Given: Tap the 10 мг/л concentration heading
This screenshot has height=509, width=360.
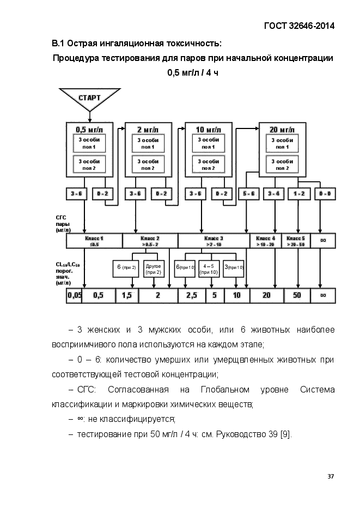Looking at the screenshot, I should tap(208, 130).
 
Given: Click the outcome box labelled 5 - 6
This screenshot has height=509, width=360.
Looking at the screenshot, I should tap(249, 193).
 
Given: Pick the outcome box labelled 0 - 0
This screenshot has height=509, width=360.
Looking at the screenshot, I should tap(325, 193).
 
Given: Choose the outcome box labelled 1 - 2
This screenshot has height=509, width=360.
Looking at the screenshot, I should tap(299, 193).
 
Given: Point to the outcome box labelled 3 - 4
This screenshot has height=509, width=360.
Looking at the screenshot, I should tap(274, 193).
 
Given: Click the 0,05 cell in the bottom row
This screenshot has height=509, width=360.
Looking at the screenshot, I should tap(74, 296).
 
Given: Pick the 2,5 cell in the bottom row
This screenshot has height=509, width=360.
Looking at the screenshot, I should tap(191, 296).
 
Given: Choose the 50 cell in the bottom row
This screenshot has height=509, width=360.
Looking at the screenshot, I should tap(297, 296).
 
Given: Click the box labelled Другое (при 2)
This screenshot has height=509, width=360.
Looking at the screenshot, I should tap(154, 269).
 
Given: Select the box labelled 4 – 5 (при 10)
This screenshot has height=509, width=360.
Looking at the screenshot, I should tap(208, 269).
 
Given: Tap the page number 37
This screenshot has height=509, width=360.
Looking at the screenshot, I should tap(331, 476).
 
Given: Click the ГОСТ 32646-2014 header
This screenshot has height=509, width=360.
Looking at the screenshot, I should tap(298, 26).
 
